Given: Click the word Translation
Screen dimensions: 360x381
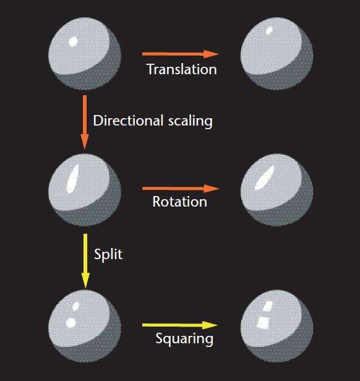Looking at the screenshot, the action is [182, 69].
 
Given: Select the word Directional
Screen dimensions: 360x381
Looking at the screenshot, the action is [128, 121].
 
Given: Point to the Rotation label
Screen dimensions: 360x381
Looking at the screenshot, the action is [179, 202].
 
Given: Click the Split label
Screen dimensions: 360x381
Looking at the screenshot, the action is [108, 255].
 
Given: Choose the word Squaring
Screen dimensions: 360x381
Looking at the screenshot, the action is [184, 339].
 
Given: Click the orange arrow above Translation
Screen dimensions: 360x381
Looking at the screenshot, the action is [181, 54].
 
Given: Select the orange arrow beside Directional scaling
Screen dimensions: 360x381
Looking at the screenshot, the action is [84, 122].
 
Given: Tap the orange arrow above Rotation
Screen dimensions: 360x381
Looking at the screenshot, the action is [181, 189].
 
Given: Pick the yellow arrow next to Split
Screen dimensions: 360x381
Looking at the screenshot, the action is [85, 261].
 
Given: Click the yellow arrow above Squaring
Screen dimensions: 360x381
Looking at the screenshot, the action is [180, 325].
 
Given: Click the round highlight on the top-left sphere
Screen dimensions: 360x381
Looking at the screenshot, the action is [73, 42].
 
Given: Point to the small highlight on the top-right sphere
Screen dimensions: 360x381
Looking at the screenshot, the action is [269, 30].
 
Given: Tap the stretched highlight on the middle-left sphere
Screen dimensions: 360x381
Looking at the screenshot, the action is [73, 179].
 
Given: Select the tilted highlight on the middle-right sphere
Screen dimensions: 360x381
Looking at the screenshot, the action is [264, 178].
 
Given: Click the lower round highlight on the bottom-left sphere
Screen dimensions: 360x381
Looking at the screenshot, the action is [71, 322].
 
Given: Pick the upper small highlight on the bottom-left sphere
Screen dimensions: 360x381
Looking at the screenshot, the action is [76, 306].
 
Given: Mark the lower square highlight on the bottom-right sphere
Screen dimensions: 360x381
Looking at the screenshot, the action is [263, 323].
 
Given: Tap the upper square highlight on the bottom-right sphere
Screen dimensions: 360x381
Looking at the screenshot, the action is [268, 306].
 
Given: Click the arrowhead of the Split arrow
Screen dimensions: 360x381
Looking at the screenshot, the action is [85, 281].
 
